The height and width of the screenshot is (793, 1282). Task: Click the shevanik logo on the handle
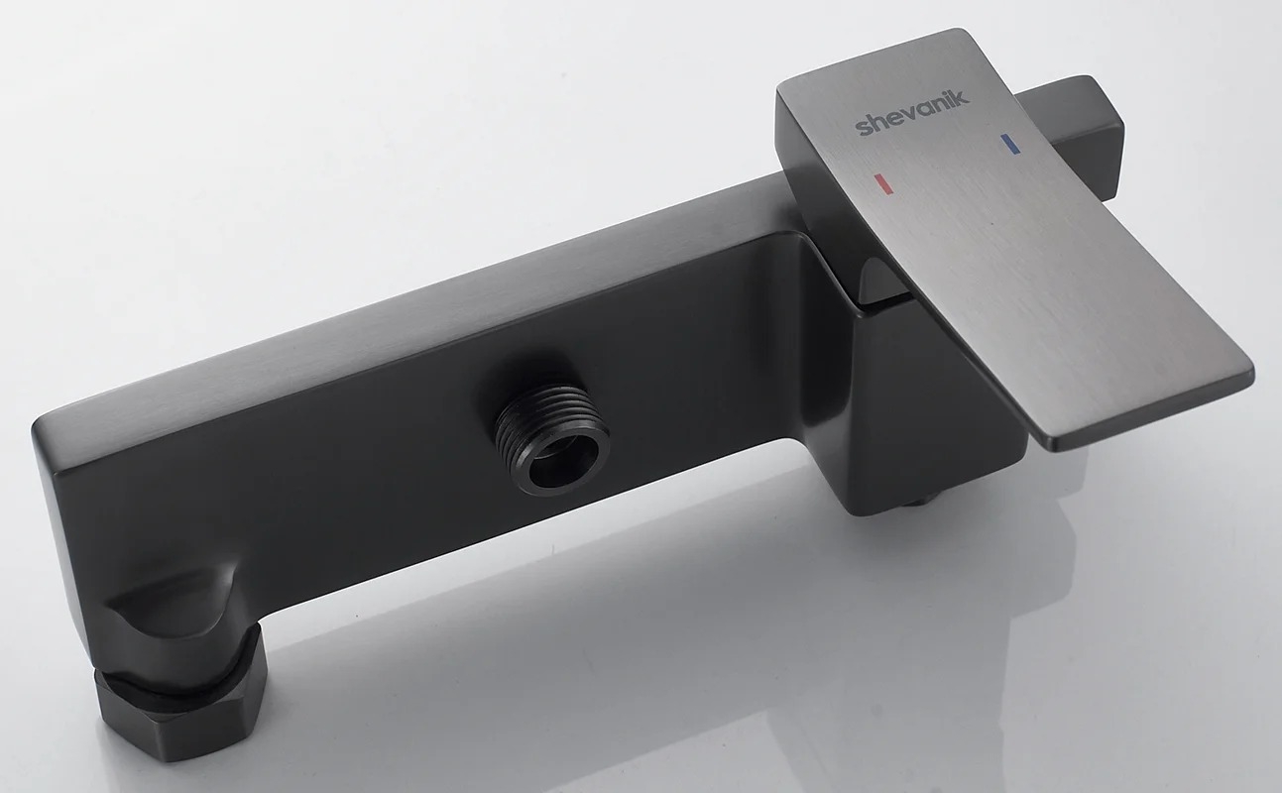click(913, 112)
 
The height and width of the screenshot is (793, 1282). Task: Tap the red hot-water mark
click(883, 183)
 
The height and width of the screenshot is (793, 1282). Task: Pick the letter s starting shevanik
click(863, 128)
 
